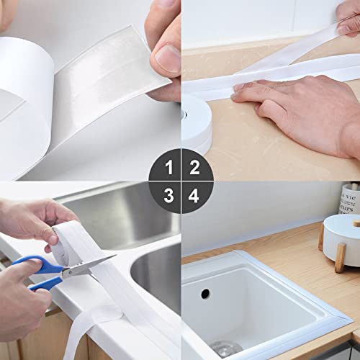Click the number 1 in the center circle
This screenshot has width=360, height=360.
[169, 167]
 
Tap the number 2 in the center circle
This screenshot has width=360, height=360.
[194, 167]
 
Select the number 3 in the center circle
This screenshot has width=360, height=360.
[168, 196]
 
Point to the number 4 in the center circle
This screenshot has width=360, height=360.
[194, 196]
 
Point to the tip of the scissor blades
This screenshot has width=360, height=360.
[116, 256]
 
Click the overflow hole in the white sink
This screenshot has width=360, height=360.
[205, 294]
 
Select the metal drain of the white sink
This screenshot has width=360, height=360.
[225, 348]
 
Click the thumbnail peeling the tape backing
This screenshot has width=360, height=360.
[168, 58]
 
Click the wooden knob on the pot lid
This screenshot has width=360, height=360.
[356, 223]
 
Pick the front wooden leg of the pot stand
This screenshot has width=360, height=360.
[341, 258]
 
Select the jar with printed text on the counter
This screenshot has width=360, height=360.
[350, 199]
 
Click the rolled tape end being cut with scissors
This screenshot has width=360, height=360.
[64, 243]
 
